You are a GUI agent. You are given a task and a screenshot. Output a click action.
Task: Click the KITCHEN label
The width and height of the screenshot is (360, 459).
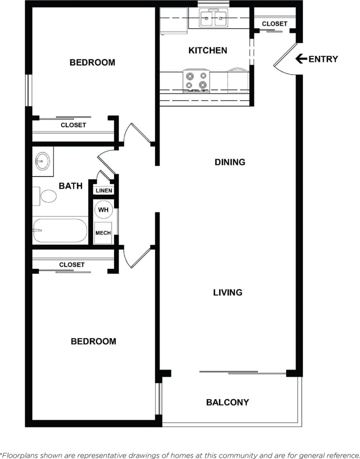click(207, 50)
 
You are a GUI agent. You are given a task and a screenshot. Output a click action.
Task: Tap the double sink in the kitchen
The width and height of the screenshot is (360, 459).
click(213, 18)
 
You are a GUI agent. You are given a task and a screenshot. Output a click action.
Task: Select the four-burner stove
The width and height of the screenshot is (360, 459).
click(196, 80)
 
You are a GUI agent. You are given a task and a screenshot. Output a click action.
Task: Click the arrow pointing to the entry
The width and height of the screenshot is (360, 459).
click(301, 59)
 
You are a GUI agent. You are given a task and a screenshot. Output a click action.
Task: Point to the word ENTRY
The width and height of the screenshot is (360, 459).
click(323, 59)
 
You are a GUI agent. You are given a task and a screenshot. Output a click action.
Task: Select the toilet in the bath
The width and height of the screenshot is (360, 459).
click(46, 196)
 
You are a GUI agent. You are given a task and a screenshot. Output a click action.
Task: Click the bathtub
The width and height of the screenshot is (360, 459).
click(60, 230)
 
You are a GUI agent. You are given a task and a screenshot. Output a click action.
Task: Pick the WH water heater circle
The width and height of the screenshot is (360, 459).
click(103, 210)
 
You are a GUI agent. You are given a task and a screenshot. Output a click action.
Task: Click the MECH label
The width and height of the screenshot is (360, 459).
click(103, 233)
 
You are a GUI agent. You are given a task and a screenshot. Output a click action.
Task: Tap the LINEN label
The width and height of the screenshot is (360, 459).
click(104, 191)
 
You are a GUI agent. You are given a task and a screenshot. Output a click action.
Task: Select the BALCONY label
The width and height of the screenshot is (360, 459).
click(227, 402)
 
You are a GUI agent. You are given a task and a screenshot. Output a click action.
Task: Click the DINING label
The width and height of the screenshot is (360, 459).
click(230, 162)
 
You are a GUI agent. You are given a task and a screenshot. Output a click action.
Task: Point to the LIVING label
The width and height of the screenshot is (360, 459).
click(228, 293)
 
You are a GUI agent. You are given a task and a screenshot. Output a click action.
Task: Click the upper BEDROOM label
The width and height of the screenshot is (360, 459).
click(92, 63)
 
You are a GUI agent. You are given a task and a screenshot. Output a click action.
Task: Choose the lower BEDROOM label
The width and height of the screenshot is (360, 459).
click(93, 341)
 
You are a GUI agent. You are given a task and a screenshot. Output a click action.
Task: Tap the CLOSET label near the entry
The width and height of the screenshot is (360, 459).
click(274, 24)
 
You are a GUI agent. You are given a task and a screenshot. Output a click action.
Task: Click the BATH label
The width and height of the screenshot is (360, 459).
click(71, 186)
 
